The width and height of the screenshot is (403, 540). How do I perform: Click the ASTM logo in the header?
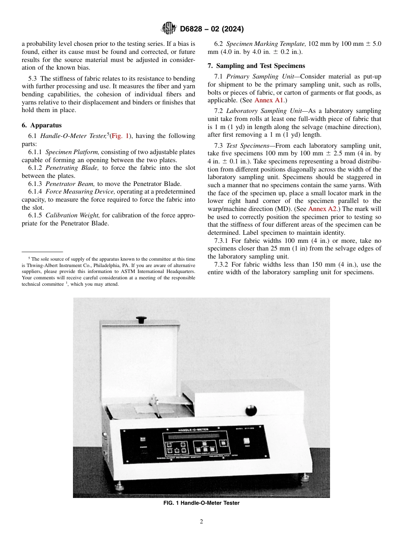(x=169, y=29)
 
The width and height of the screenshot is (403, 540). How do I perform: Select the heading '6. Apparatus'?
(x=42, y=125)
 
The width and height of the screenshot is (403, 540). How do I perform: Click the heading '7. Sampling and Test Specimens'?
(x=257, y=66)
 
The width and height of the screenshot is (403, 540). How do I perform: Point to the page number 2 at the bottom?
(x=201, y=522)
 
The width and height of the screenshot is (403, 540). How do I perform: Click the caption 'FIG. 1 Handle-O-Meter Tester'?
(x=201, y=503)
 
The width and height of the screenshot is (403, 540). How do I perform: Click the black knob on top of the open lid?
(x=141, y=319)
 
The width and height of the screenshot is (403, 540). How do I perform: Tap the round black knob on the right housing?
(x=252, y=411)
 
